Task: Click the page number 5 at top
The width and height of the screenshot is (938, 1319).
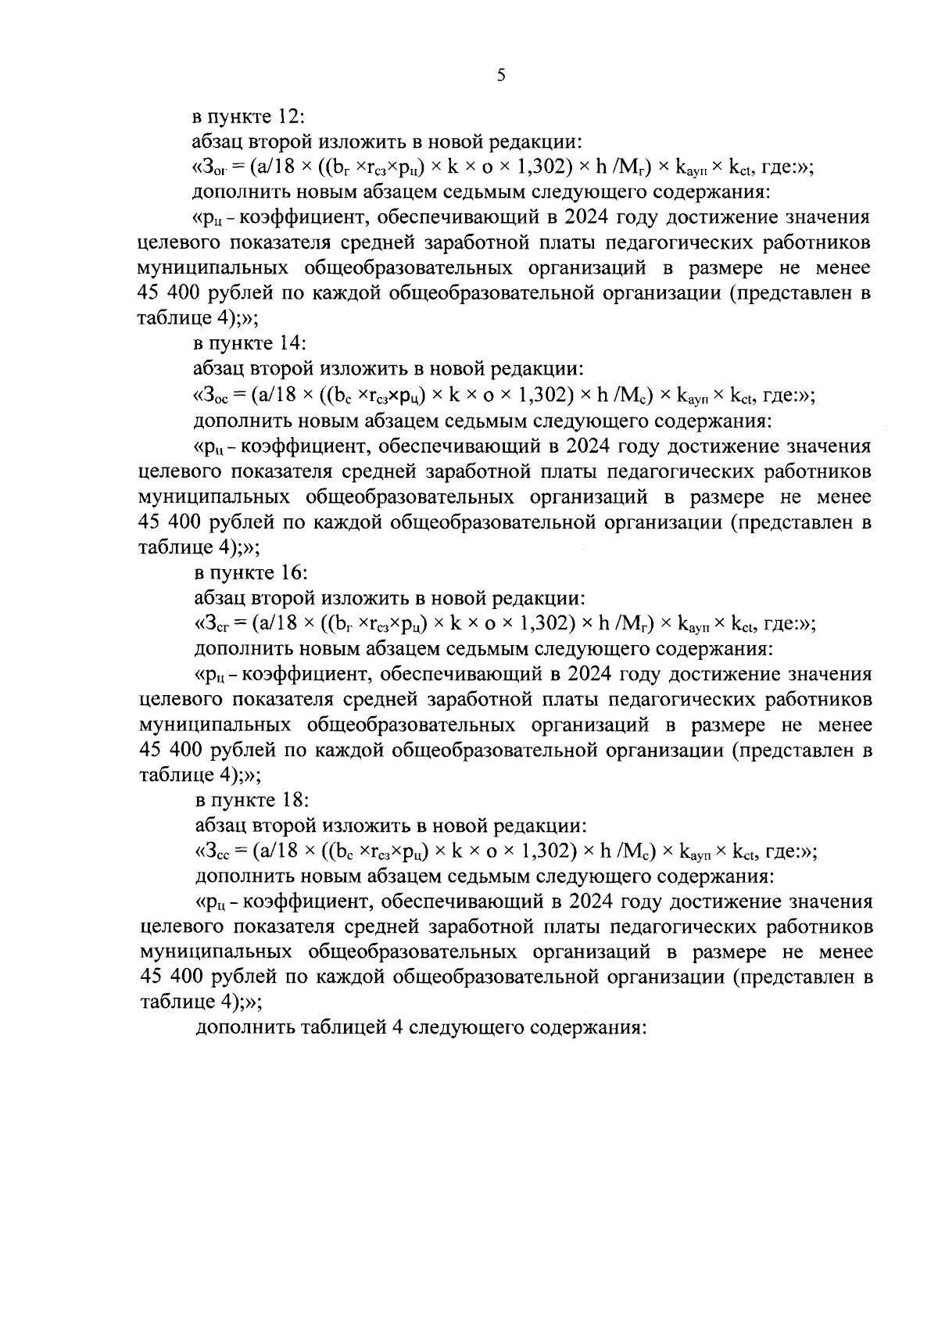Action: click(501, 75)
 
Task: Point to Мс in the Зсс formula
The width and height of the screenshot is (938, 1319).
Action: click(631, 851)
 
